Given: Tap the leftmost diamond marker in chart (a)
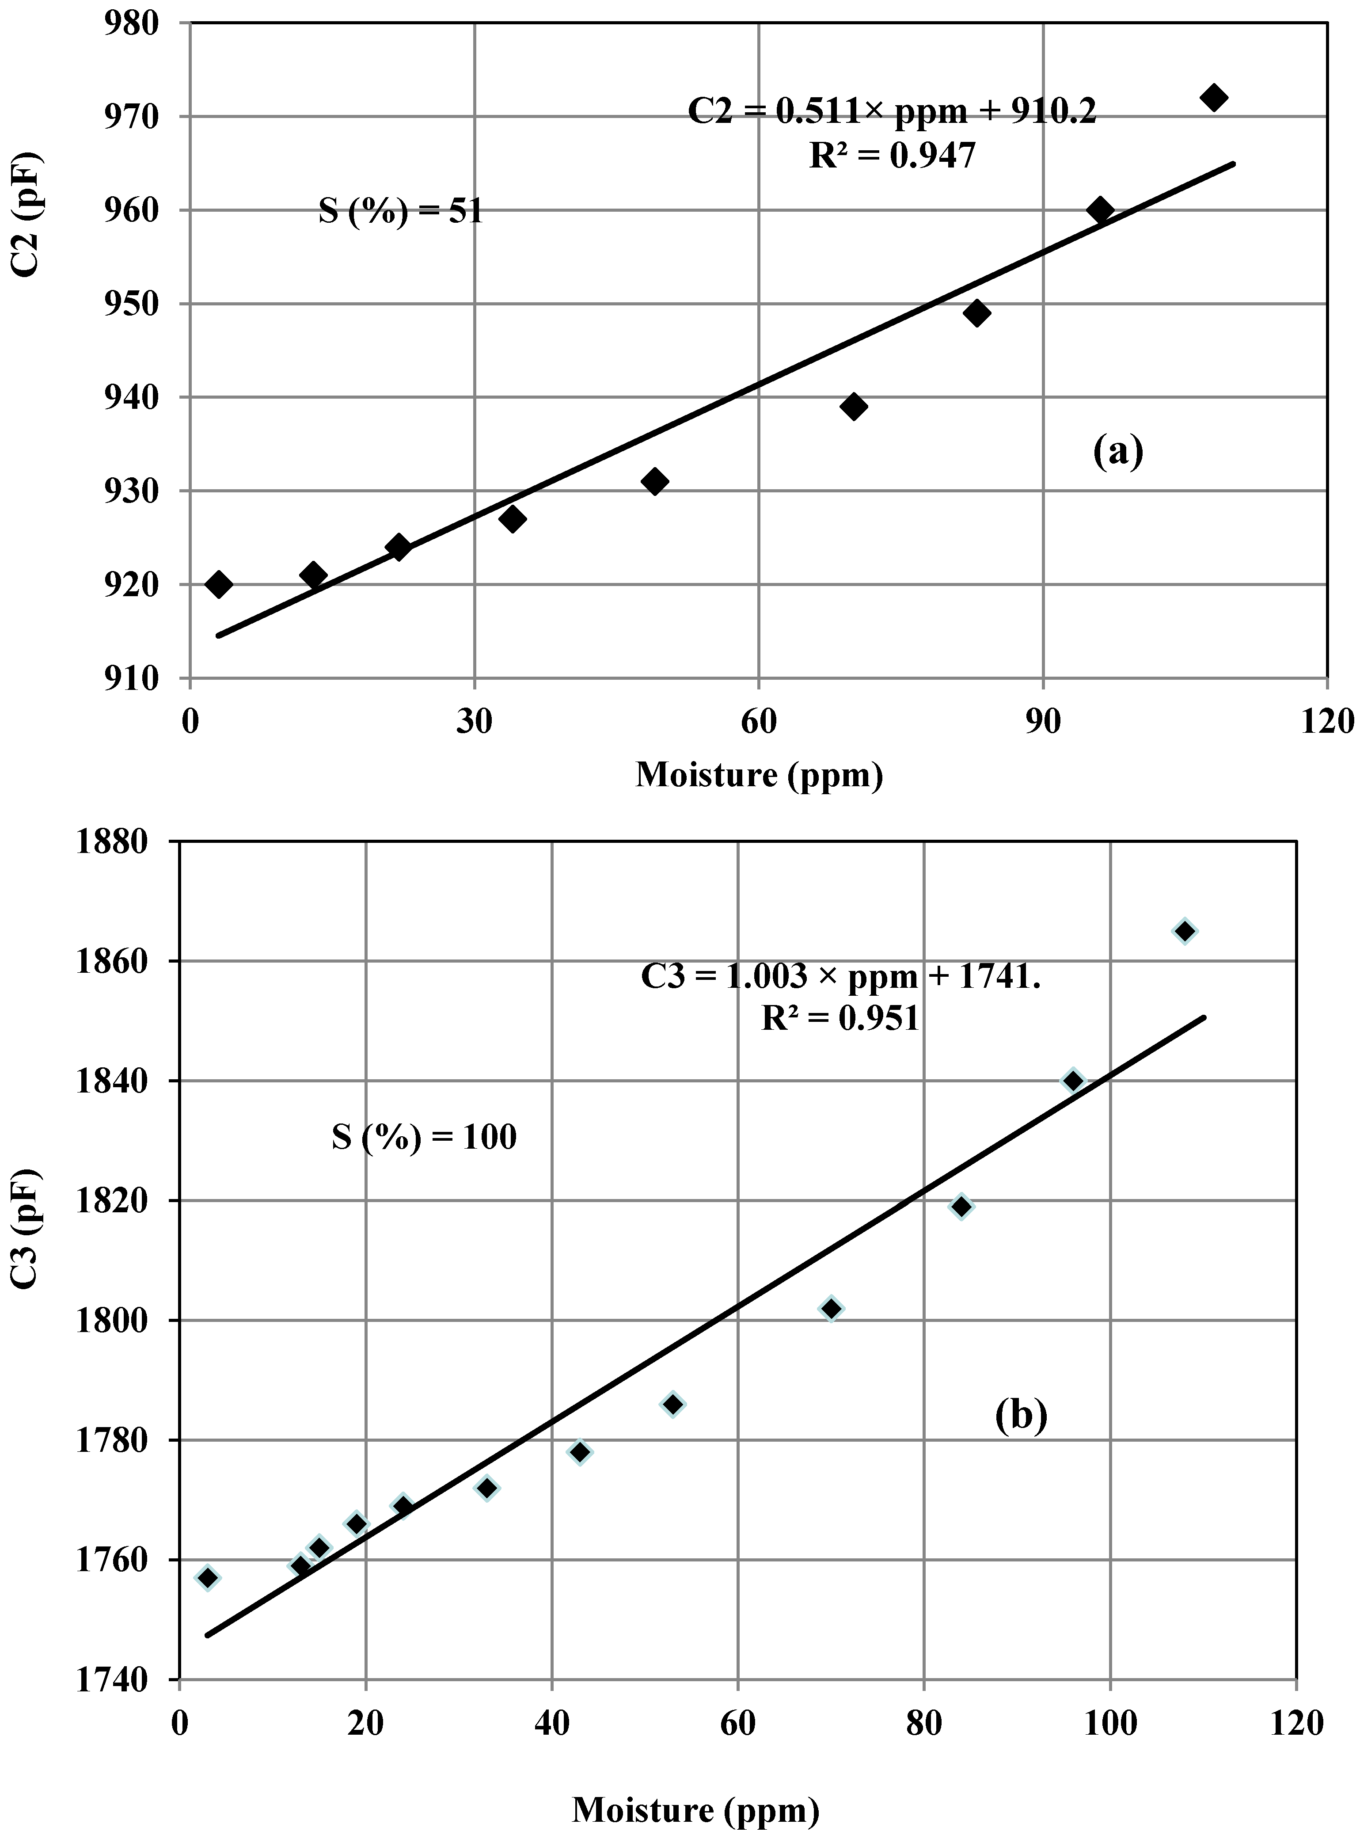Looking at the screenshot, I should click(219, 584).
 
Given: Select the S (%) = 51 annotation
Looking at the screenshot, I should click(401, 213).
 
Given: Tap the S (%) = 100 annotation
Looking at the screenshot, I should click(424, 1137).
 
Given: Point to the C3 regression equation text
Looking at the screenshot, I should click(840, 976).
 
